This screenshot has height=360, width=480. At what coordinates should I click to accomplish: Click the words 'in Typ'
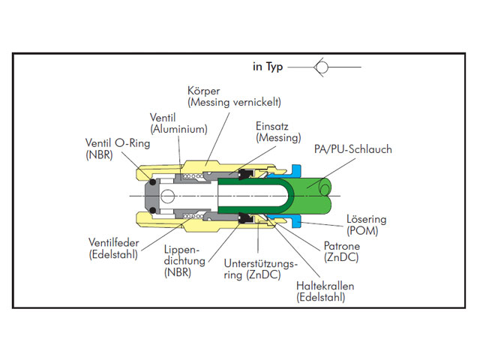[268, 67]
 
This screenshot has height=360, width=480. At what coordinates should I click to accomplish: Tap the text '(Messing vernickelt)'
[234, 102]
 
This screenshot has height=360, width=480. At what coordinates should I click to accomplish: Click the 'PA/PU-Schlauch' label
[352, 150]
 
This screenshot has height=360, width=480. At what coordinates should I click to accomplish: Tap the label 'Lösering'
[366, 220]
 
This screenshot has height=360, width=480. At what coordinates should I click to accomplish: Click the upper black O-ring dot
[151, 181]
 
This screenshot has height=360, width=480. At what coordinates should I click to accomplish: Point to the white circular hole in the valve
[166, 196]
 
